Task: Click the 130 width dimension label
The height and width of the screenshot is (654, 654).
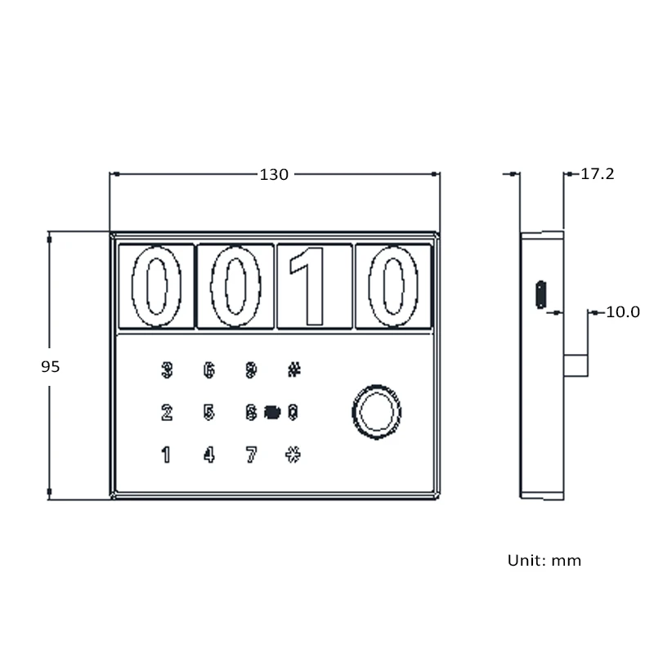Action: point(274,174)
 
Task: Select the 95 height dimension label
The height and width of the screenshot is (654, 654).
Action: point(51,367)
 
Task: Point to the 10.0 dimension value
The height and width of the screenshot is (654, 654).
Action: point(622,312)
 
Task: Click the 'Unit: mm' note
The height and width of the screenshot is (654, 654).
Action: point(544,561)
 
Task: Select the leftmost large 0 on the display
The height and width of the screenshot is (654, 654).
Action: point(156,286)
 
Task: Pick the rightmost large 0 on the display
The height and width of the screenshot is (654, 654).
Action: point(393,286)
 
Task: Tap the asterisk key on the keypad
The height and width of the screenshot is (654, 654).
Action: point(293,455)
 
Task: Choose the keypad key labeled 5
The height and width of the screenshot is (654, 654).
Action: point(209,412)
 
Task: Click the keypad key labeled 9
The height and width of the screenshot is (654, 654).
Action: point(251,370)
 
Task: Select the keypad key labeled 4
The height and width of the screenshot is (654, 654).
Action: point(209,455)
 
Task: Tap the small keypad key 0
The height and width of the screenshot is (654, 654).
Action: point(293,412)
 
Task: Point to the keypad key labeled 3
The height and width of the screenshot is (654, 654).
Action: point(167,370)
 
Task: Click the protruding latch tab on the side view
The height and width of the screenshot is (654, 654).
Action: point(576,365)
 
